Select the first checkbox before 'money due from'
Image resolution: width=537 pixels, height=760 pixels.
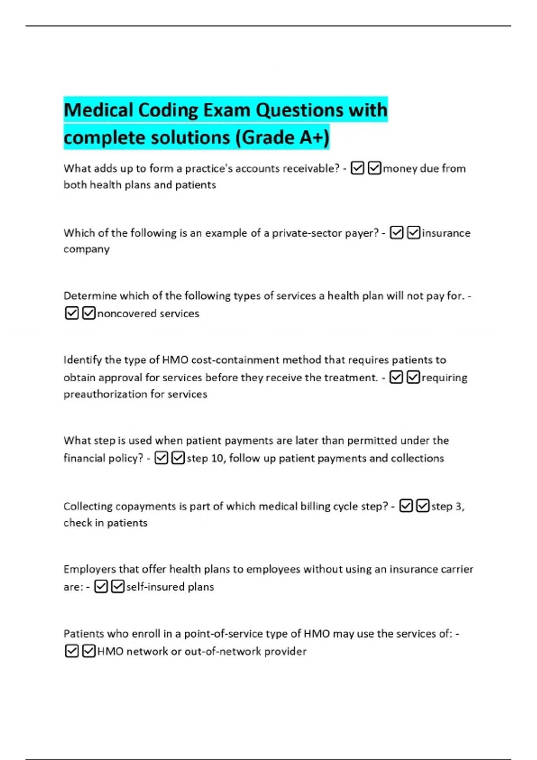(x=358, y=168)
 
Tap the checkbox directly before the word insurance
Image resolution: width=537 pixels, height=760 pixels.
(x=414, y=233)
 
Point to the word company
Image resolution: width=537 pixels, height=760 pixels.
(x=86, y=249)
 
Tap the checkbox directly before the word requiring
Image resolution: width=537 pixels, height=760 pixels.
(x=413, y=378)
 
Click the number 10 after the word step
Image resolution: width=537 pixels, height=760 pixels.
(x=217, y=458)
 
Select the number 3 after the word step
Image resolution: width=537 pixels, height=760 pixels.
(x=459, y=507)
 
